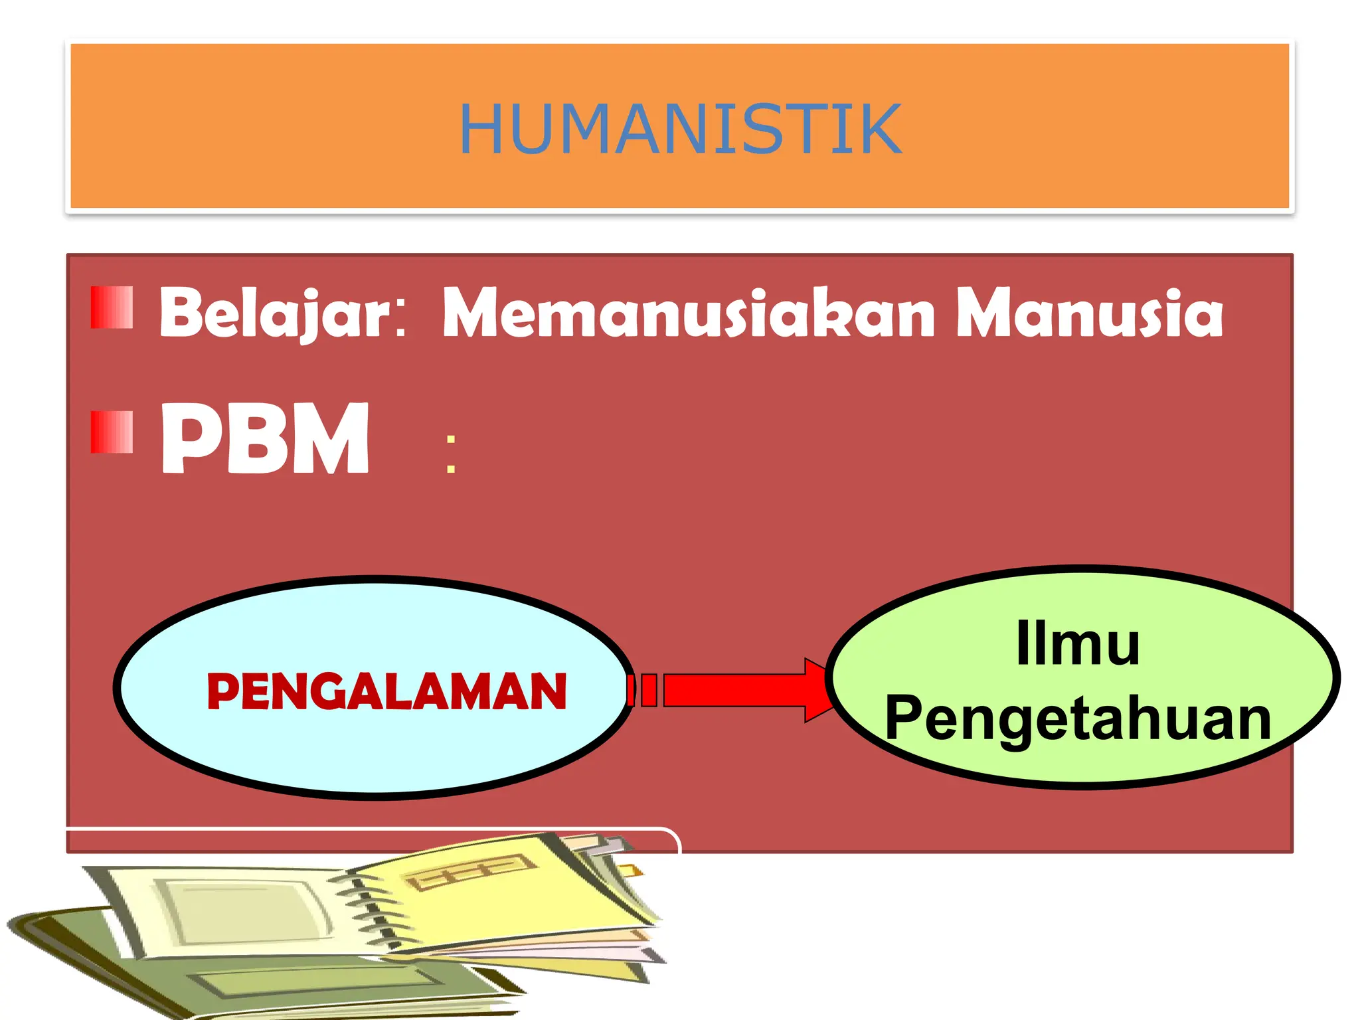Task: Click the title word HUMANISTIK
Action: [x=680, y=129]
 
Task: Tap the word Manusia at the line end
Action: [x=1089, y=313]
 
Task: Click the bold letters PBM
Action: [x=265, y=438]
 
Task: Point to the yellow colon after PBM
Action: [x=452, y=454]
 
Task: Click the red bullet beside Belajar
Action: [x=112, y=307]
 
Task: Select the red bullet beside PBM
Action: [x=112, y=432]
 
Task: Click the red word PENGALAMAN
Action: [x=386, y=692]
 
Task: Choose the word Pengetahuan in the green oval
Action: [x=1078, y=719]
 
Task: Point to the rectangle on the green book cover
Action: [x=319, y=979]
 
